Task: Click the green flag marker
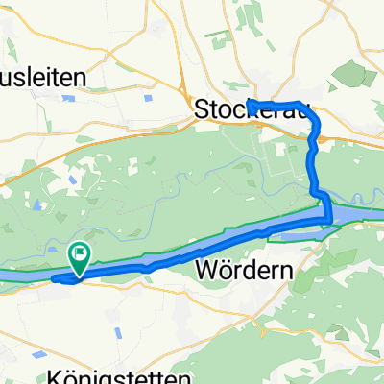pos(80,256)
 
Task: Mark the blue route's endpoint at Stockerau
pos(249,102)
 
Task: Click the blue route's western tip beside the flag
pos(54,279)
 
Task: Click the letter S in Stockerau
pos(202,109)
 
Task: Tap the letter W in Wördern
pos(204,272)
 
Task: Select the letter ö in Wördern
pos(223,272)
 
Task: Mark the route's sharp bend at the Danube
pos(328,221)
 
